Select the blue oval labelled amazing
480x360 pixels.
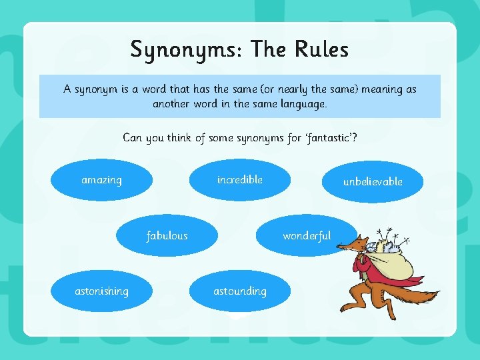tap(101, 180)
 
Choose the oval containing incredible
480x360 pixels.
tap(240, 180)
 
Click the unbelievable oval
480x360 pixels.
tap(373, 181)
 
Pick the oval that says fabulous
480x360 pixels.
tap(167, 235)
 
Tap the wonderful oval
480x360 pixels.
tap(307, 235)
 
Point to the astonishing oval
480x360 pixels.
tap(101, 291)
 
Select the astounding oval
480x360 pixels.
tap(240, 291)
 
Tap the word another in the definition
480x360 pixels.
tap(174, 104)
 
